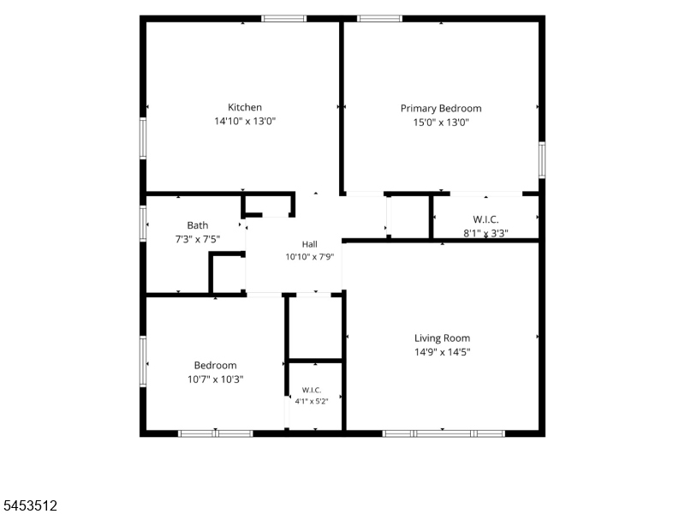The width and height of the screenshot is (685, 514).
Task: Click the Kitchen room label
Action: pyautogui.click(x=245, y=107)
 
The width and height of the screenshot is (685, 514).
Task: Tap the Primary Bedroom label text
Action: pyautogui.click(x=441, y=109)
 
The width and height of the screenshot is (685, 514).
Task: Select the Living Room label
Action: pyautogui.click(x=442, y=338)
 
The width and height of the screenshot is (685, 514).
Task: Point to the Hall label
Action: pyautogui.click(x=309, y=244)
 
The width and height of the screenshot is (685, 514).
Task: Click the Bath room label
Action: pyautogui.click(x=198, y=225)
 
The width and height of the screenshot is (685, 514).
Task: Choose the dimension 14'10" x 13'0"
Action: pyautogui.click(x=245, y=121)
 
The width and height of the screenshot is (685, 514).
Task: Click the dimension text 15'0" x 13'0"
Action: pyautogui.click(x=441, y=122)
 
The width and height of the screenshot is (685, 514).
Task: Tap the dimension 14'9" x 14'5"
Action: pyautogui.click(x=442, y=352)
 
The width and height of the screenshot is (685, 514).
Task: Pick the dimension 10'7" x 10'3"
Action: pyautogui.click(x=216, y=379)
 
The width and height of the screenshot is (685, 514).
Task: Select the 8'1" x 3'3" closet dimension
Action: pyautogui.click(x=485, y=233)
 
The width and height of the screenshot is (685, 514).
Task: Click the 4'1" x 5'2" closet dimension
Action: pyautogui.click(x=312, y=401)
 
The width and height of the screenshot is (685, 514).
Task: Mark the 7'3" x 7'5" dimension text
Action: pyautogui.click(x=198, y=239)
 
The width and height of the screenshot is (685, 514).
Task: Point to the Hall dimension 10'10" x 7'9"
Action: pyautogui.click(x=309, y=256)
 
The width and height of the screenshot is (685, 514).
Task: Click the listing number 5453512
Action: pyautogui.click(x=29, y=505)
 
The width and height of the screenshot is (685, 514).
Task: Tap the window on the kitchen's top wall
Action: pyautogui.click(x=284, y=18)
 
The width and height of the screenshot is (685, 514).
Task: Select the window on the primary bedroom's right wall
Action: pyautogui.click(x=542, y=160)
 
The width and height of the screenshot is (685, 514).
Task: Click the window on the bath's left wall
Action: pyautogui.click(x=143, y=224)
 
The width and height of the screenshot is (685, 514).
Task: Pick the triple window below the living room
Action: pyautogui.click(x=444, y=433)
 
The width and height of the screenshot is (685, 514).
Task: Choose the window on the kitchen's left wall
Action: pyautogui.click(x=143, y=138)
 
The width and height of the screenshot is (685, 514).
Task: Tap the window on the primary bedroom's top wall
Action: pyautogui.click(x=379, y=18)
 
